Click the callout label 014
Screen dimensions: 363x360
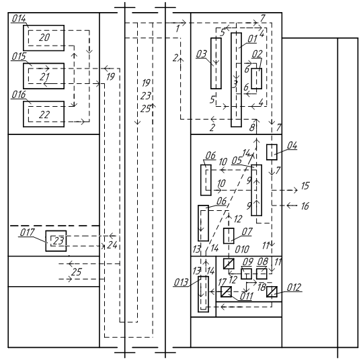[19, 19]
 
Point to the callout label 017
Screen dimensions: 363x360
[27, 232]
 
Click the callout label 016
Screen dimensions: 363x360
[19, 95]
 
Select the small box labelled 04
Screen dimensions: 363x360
[272, 152]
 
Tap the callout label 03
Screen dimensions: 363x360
[202, 54]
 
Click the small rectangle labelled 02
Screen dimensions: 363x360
[257, 79]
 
